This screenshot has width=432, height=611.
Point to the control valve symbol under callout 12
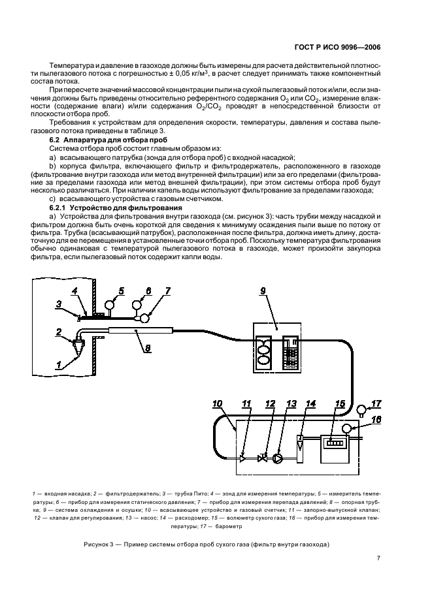click(x=263, y=458)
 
